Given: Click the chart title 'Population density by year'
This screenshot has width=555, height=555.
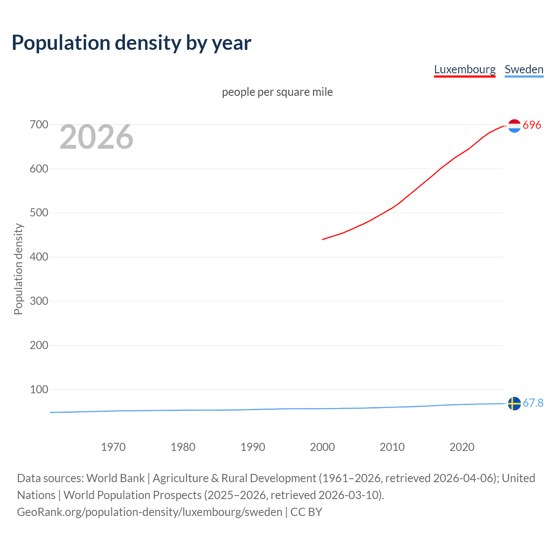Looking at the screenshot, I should click(x=131, y=43).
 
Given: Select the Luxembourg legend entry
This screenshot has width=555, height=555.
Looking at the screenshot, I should click(x=464, y=69).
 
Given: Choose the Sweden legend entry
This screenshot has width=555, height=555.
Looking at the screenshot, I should click(x=524, y=69).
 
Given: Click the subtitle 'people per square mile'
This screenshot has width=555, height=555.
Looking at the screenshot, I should click(x=277, y=92).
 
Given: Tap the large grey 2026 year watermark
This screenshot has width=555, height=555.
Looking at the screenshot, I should click(x=96, y=137).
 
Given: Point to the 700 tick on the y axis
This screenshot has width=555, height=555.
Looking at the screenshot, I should click(x=39, y=125).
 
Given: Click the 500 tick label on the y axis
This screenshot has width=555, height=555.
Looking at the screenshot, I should click(x=39, y=213).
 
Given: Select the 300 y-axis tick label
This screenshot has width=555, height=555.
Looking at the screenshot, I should click(x=39, y=301).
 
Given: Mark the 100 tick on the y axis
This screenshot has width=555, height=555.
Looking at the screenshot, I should click(x=39, y=389).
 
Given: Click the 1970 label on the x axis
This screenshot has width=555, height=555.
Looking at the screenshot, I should click(x=113, y=447).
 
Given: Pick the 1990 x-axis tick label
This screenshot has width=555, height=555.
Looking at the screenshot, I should click(x=253, y=447).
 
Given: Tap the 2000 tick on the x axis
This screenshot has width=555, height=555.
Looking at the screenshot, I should click(x=322, y=447).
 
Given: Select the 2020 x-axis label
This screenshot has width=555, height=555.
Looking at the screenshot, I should click(x=462, y=447).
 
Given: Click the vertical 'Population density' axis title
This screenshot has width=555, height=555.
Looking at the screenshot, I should click(x=18, y=269).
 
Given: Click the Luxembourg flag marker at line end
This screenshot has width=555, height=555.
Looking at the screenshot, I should click(x=514, y=126).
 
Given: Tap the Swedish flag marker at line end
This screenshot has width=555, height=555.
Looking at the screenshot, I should click(x=514, y=403).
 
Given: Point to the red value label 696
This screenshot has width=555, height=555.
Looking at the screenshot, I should click(x=532, y=125).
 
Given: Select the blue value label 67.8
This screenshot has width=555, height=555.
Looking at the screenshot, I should click(x=533, y=403).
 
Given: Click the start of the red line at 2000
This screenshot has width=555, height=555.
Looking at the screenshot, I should click(x=323, y=239).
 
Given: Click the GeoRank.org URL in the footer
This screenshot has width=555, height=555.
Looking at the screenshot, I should click(x=150, y=512).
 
